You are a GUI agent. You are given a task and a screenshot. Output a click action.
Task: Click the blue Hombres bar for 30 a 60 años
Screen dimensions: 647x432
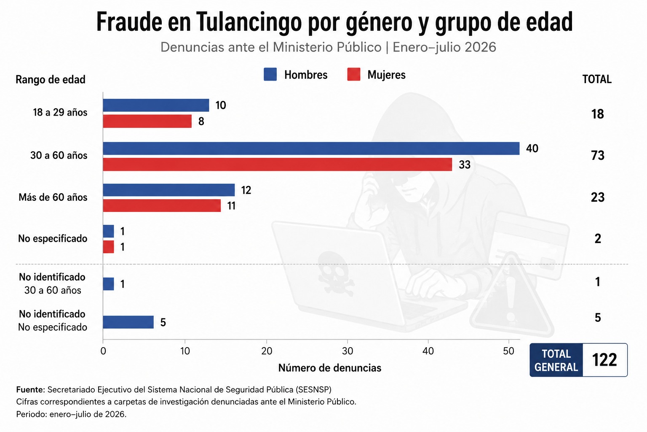click(x=311, y=148)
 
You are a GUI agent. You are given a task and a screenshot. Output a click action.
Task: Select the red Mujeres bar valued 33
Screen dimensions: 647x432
click(x=277, y=165)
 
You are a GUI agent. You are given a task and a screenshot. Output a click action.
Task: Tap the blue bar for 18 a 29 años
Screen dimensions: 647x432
click(x=156, y=105)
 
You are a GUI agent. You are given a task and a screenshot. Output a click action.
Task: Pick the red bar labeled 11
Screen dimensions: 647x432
click(x=162, y=205)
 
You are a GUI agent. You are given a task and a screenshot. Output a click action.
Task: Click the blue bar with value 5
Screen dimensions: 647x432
click(x=128, y=322)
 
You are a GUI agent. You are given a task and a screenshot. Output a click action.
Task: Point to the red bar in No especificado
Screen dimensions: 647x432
click(x=108, y=247)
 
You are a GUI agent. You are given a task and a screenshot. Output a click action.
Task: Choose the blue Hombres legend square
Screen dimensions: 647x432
click(x=270, y=74)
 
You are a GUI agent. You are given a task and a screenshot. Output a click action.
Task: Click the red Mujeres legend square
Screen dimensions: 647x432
click(x=353, y=74)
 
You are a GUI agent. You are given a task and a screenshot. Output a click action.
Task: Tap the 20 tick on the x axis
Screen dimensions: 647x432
click(x=267, y=351)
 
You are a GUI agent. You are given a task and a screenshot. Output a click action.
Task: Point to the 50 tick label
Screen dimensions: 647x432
click(x=508, y=351)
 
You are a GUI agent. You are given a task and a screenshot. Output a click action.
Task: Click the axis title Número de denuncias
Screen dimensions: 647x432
click(x=329, y=368)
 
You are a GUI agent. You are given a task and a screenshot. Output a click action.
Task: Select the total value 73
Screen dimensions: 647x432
click(x=598, y=156)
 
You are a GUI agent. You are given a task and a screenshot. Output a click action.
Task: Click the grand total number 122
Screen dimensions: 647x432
click(x=604, y=360)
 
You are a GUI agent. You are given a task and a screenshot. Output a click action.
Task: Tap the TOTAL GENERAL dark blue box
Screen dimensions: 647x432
click(x=556, y=360)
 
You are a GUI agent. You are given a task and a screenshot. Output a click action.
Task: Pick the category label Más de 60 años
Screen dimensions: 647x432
click(x=53, y=197)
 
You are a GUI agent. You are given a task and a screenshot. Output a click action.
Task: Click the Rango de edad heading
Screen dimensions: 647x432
click(x=51, y=80)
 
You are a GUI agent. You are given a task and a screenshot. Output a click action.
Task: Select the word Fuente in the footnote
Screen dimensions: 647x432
click(x=30, y=390)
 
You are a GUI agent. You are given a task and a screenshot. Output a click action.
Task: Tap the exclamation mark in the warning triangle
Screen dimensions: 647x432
click(x=511, y=298)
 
